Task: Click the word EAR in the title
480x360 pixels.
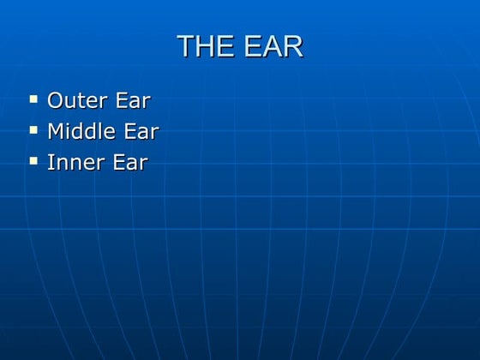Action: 273,46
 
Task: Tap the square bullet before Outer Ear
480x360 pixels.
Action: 33,99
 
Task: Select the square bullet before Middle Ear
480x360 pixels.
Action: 33,130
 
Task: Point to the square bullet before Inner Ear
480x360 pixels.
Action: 33,160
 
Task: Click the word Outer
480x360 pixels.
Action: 76,100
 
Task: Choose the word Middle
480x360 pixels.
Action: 81,131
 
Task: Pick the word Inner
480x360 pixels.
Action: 74,162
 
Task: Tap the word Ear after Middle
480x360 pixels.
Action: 141,131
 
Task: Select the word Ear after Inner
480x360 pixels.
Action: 129,162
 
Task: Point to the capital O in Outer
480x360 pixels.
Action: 55,100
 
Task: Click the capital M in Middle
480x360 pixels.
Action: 57,131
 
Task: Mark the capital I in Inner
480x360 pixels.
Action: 51,162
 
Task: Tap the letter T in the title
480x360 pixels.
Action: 185,46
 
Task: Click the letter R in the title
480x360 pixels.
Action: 292,46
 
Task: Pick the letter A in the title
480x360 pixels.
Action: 272,46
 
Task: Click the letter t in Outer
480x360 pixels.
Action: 79,100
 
